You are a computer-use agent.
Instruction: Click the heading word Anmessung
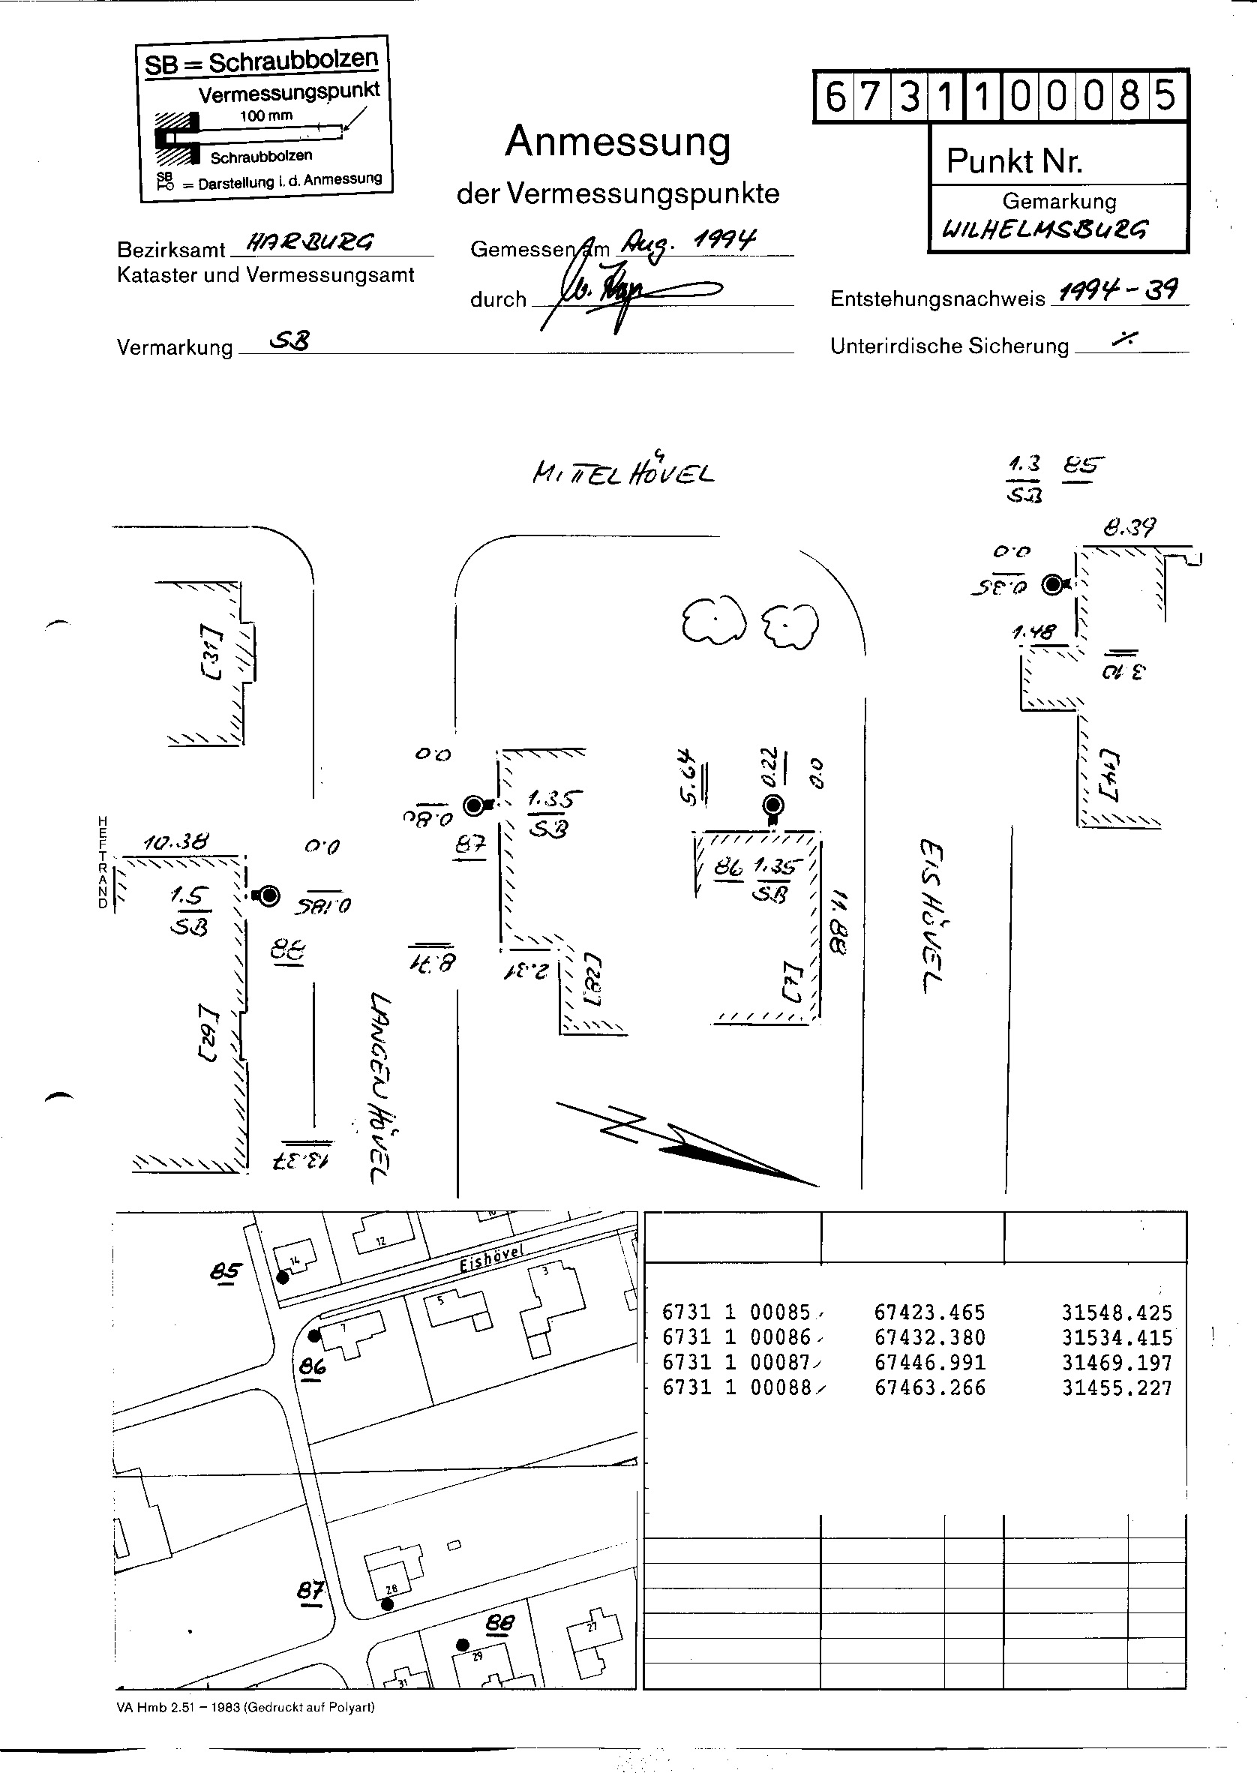pos(618,142)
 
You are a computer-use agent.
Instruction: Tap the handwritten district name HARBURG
pos(309,243)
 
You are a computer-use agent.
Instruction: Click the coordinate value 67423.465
pos(929,1312)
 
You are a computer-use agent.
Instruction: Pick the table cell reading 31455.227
pos(1116,1387)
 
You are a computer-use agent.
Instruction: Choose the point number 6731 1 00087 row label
pos(736,1363)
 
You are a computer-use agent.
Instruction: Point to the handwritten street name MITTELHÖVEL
pos(623,471)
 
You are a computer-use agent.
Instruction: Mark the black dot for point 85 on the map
pos(283,1278)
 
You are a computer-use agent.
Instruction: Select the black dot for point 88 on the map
pos(462,1645)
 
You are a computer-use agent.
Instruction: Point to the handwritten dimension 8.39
pos(1129,528)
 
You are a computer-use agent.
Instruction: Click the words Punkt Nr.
pos(1014,161)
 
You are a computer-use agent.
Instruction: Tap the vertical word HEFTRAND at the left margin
pos(103,861)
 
